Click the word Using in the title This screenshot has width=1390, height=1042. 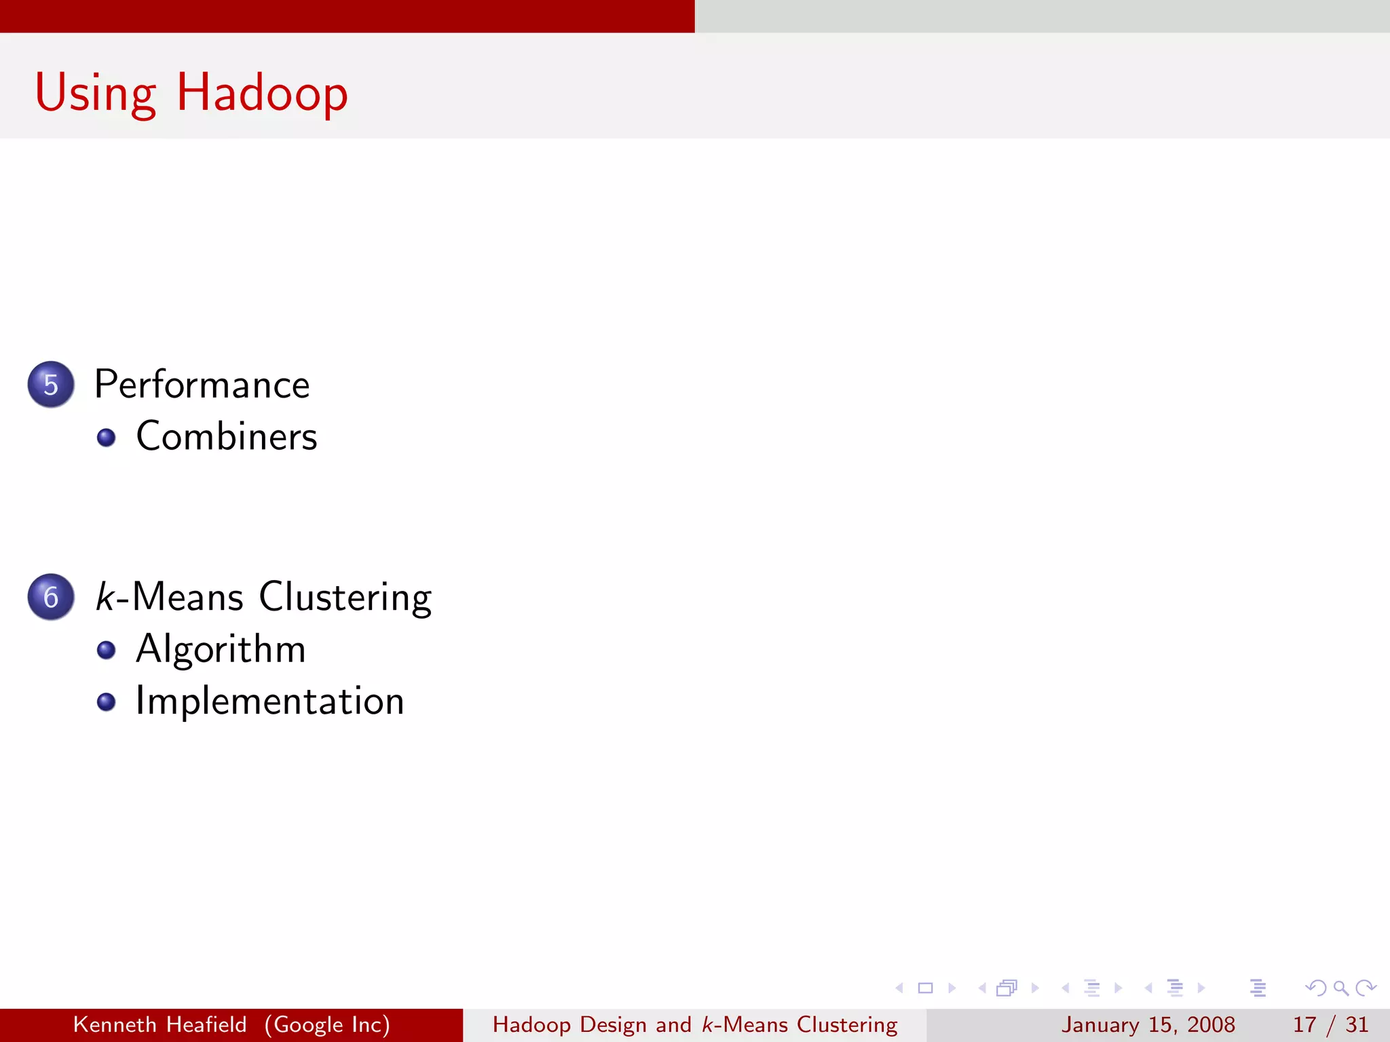95,94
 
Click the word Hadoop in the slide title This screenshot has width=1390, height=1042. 262,94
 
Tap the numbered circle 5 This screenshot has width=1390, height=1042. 51,385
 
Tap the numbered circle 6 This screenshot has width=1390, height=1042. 51,597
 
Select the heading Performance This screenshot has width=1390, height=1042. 202,385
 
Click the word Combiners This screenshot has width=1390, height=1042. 226,436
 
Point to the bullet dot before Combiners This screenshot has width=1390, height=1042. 106,438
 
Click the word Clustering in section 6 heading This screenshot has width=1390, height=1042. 345,597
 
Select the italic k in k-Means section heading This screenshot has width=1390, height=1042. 105,597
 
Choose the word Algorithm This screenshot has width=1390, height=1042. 221,649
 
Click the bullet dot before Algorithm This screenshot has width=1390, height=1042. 106,650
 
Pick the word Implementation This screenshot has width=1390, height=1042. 269,701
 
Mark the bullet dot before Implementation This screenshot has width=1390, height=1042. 106,701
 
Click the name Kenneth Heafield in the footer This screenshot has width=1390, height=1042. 159,1024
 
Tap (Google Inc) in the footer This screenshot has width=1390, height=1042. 327,1024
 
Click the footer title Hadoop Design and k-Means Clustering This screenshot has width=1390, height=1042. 694,1024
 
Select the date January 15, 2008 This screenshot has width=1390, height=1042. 1148,1024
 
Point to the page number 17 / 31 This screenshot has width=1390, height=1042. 1330,1024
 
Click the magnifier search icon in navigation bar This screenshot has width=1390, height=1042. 1340,988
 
